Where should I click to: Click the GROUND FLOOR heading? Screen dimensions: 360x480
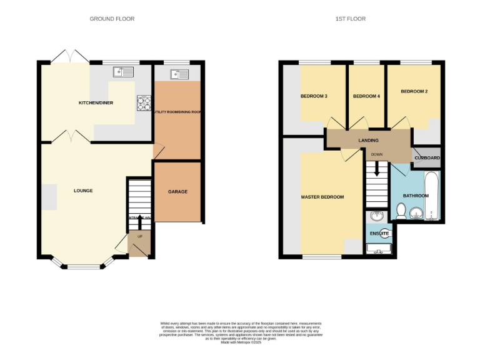(x=112, y=19)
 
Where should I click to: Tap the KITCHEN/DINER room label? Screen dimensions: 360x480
(x=96, y=102)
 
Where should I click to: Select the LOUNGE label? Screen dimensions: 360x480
(x=83, y=190)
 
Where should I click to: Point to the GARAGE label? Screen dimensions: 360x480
(x=177, y=191)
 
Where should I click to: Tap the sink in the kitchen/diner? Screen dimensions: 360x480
(x=123, y=72)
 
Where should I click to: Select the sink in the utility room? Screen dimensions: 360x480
(x=177, y=74)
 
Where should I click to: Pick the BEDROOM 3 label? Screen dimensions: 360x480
(x=314, y=96)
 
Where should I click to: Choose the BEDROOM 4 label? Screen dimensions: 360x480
(x=366, y=96)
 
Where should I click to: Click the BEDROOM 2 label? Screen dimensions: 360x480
(x=414, y=92)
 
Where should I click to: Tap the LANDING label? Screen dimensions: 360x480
(x=368, y=140)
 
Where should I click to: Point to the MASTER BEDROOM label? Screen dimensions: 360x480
(x=322, y=197)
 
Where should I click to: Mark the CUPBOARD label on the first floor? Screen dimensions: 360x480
(x=427, y=158)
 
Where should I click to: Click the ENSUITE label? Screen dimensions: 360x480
(x=379, y=234)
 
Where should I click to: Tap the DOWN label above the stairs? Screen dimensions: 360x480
(x=376, y=154)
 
